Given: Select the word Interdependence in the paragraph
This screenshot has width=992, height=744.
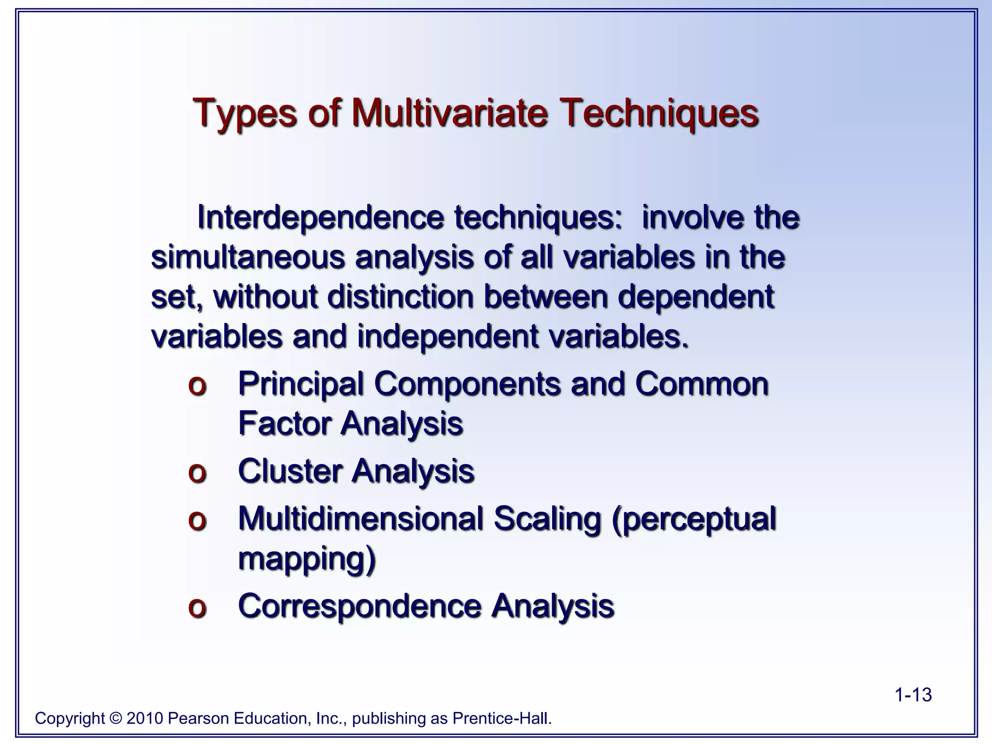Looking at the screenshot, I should [x=320, y=217].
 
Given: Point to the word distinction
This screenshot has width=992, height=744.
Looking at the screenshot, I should [x=400, y=296].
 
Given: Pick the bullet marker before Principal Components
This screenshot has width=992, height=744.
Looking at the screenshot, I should [x=197, y=386].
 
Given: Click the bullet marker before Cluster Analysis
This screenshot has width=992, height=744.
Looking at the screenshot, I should [x=197, y=472].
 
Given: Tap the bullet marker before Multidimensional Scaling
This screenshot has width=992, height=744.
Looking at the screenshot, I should [x=197, y=520].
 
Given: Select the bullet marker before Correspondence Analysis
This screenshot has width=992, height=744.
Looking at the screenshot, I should [x=197, y=607].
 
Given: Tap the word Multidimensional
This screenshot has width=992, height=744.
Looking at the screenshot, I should [x=360, y=519].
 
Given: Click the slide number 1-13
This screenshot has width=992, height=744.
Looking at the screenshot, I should [x=913, y=695].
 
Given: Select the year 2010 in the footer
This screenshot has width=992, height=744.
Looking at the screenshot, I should [x=144, y=718].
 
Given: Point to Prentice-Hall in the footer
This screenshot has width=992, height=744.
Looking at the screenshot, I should [x=502, y=718].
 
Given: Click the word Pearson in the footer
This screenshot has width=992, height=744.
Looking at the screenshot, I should [x=198, y=718].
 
